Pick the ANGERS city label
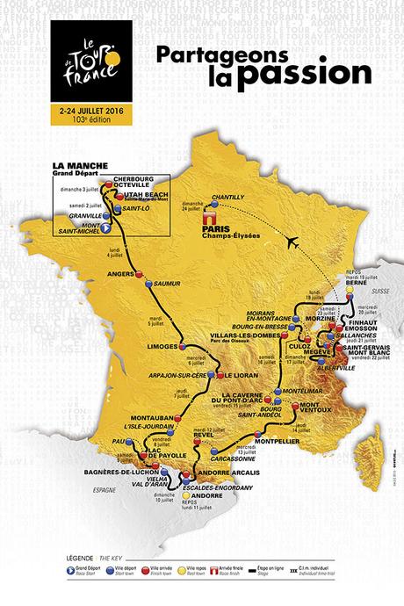120,273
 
